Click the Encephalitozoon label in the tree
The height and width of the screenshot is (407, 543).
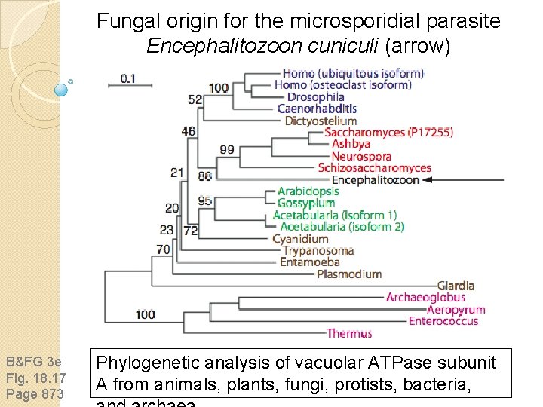375,180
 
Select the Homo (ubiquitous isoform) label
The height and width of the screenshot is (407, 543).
353,74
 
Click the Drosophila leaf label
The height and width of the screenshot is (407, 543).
315,97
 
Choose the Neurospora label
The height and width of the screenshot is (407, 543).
361,157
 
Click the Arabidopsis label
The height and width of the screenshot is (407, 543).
308,191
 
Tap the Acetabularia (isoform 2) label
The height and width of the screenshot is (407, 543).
342,227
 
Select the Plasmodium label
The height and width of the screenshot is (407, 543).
349,274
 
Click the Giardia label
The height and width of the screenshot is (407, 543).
456,286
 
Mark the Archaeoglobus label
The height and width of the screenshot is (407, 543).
425,298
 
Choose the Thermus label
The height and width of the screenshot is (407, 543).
349,333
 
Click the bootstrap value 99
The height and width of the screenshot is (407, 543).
226,150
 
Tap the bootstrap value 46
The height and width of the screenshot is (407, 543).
189,132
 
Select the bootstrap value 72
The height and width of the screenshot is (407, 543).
190,230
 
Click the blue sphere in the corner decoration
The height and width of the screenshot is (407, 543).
62,89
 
